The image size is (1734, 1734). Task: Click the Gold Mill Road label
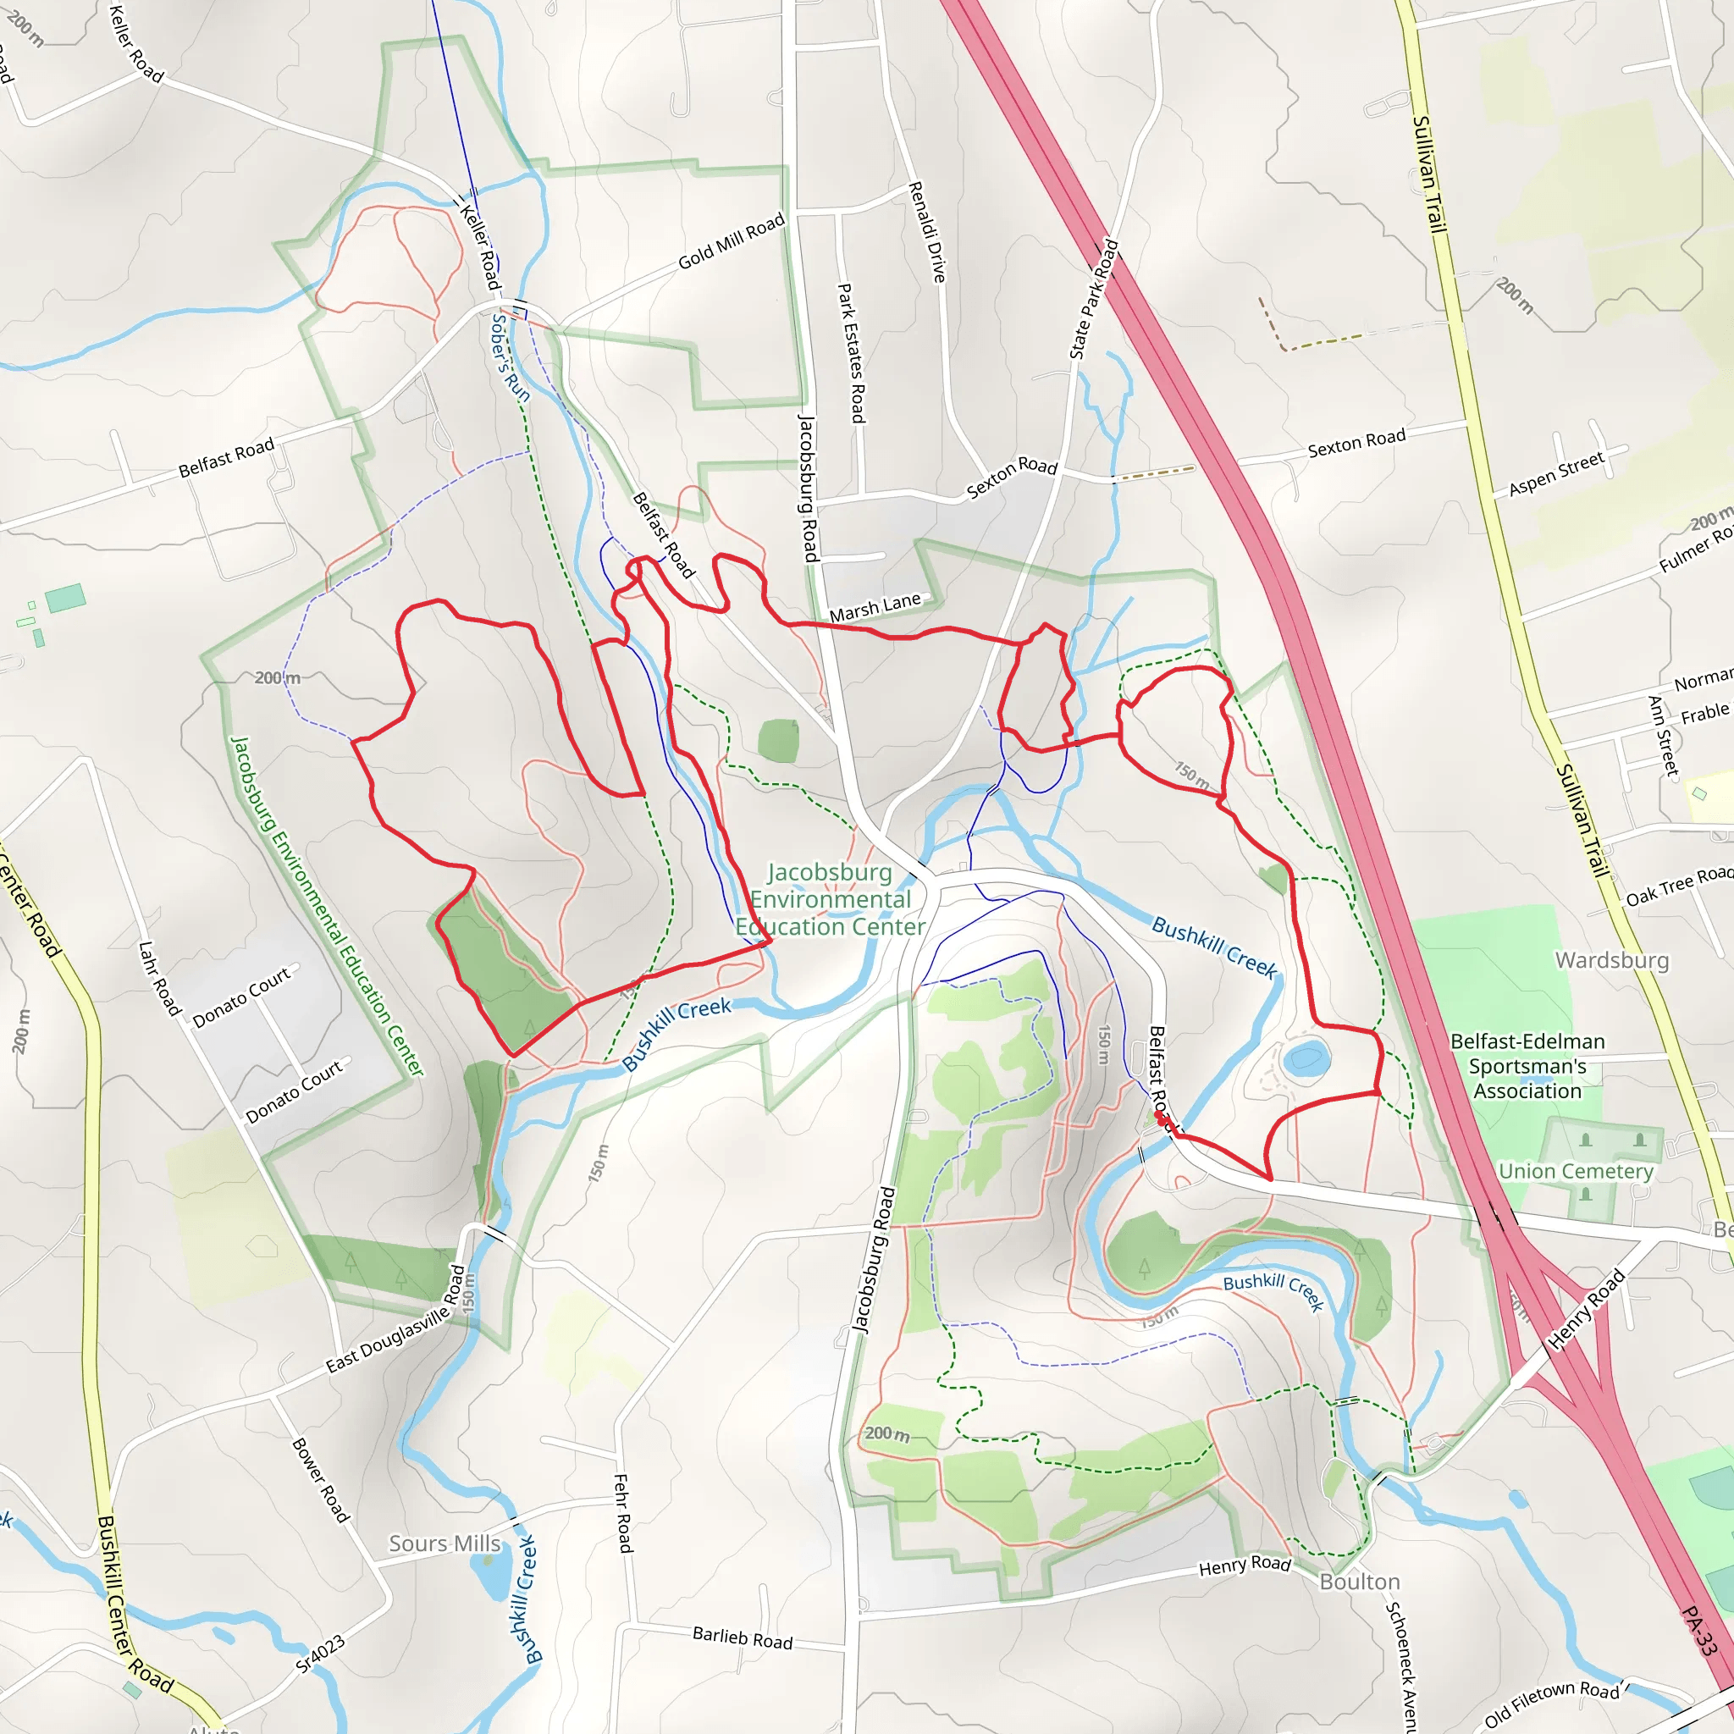coord(731,241)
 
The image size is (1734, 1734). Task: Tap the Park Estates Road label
coord(851,353)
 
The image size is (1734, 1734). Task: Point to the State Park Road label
coord(1094,299)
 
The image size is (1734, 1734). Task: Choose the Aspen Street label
coord(1555,474)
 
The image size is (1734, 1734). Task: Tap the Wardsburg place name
coord(1612,960)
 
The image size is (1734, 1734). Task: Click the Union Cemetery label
coord(1575,1171)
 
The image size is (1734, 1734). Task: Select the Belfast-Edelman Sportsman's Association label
coord(1527,1066)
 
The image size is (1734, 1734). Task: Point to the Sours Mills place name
coord(445,1543)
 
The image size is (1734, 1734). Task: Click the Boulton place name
coord(1360,1582)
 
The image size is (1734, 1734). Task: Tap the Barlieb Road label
coord(743,1638)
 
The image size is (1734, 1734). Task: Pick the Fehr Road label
coord(623,1512)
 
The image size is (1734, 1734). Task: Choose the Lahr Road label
coord(160,978)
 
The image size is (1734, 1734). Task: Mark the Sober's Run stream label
coord(510,356)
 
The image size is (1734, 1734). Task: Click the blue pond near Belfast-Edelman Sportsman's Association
coord(1306,1058)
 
